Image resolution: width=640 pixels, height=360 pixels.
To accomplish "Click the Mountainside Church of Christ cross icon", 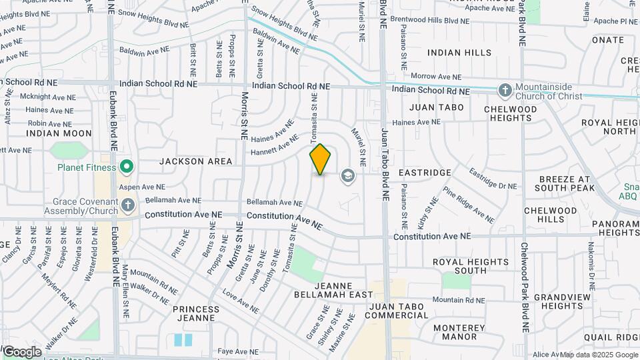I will point(505,90).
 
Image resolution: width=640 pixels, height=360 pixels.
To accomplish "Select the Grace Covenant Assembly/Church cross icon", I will point(128,205).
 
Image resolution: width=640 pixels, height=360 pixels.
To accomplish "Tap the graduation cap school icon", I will point(347,176).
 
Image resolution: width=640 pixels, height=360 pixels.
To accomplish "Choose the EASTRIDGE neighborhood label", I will point(425,173).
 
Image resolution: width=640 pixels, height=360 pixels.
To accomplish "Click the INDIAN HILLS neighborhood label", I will point(459,53).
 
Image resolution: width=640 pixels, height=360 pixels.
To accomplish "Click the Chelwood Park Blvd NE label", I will point(525,287).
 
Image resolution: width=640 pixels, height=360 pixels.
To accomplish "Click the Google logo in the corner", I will point(22,351).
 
